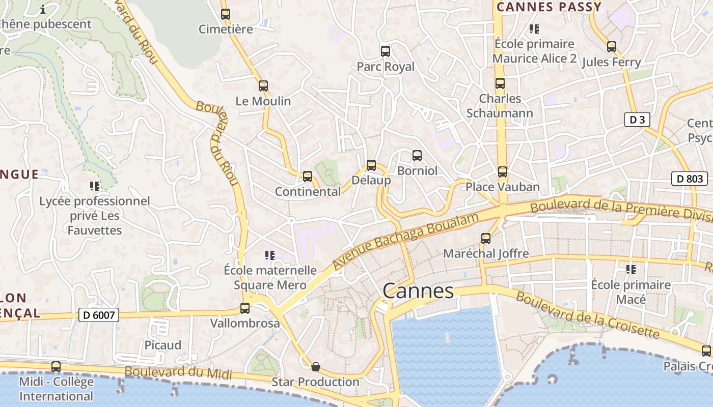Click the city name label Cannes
click(418, 292)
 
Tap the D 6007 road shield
click(99, 315)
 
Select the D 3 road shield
click(637, 120)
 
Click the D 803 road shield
click(690, 179)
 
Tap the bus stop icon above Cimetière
click(226, 14)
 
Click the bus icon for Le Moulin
click(263, 86)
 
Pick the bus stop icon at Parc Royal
click(386, 51)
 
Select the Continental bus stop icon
click(308, 177)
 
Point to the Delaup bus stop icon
click(371, 165)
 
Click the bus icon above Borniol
click(417, 155)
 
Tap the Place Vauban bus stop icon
click(503, 172)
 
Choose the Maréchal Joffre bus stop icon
click(486, 238)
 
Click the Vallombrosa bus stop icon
click(245, 308)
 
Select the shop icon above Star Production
click(316, 366)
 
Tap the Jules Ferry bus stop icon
click(612, 47)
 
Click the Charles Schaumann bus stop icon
click(500, 83)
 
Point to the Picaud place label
click(163, 345)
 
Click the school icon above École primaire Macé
click(631, 270)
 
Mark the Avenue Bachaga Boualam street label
click(406, 241)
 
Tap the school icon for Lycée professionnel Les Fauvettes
click(95, 186)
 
